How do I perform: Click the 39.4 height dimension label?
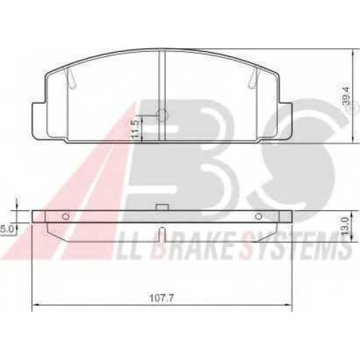point(346,96)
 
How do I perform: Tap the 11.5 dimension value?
point(136,129)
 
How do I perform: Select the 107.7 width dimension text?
point(161,298)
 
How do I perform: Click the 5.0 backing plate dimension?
point(6,229)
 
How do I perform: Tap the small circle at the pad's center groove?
point(163,115)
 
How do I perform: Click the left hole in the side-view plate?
point(66,217)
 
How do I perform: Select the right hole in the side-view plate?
point(258,217)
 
